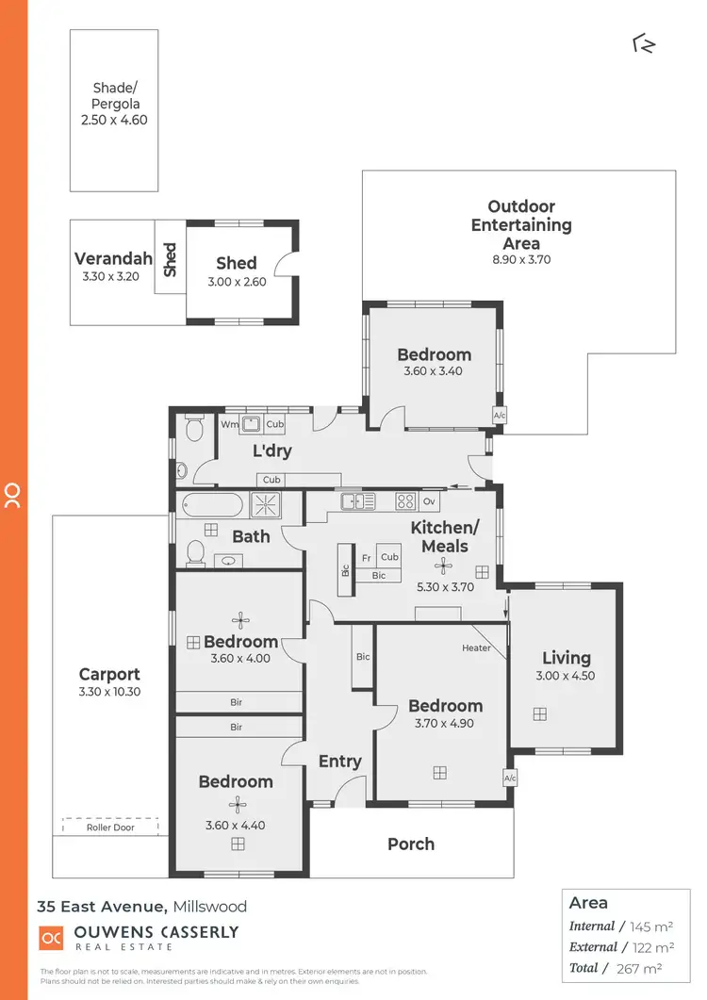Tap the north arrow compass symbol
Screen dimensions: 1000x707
[x=644, y=43]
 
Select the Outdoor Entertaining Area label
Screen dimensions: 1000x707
[x=521, y=225]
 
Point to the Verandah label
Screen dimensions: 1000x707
[x=113, y=259]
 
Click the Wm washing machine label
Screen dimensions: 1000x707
[x=228, y=425]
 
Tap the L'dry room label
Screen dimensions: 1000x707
[x=272, y=451]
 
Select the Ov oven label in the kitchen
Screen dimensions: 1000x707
[x=429, y=501]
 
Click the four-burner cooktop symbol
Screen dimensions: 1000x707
[x=405, y=501]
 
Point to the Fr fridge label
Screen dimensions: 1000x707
[x=366, y=557]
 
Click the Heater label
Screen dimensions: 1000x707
[x=476, y=648]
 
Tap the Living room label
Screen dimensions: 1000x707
[x=567, y=658]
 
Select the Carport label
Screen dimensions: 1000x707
[x=109, y=674]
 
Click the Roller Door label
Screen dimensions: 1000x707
[x=111, y=828]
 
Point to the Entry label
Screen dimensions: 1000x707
[x=340, y=762]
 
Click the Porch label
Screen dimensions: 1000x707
[x=411, y=844]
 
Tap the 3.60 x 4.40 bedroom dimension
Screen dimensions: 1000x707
[x=236, y=826]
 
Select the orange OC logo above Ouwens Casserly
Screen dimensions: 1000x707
[x=50, y=938]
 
